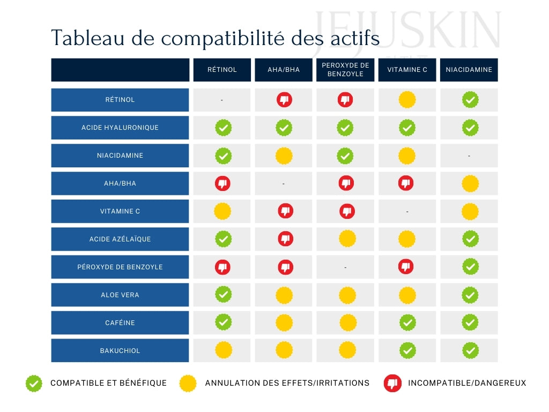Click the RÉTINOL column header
[222, 70]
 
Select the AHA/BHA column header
[284, 70]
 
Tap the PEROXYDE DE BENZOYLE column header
[345, 70]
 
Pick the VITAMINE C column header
[407, 70]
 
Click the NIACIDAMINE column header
[469, 70]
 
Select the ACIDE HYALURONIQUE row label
[120, 128]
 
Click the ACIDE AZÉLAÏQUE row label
[120, 239]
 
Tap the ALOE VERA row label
[120, 295]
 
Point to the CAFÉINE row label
[120, 323]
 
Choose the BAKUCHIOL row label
[120, 351]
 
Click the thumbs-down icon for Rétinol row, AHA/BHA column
[284, 100]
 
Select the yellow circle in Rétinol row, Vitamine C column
[407, 100]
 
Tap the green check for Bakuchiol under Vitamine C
[407, 351]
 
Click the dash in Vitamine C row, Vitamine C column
[407, 212]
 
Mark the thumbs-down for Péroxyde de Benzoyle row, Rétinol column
[223, 267]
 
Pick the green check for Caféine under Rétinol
[223, 323]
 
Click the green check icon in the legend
[34, 384]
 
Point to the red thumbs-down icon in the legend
[392, 384]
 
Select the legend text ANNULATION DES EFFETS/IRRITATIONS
[287, 384]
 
